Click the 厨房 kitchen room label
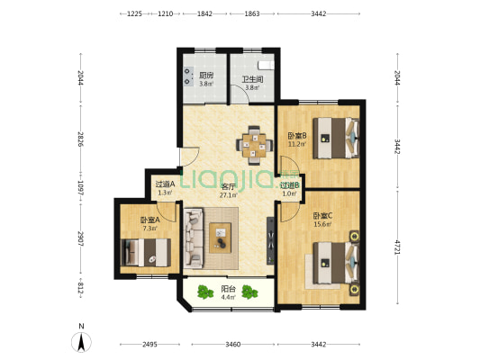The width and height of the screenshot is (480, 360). tap(206, 76)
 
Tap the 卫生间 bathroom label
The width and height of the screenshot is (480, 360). tap(252, 80)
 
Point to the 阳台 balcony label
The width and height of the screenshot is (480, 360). tap(229, 289)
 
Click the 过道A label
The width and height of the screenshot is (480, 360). tap(165, 184)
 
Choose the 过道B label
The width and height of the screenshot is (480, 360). tap(290, 185)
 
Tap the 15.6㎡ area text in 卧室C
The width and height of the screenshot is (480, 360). tap(322, 224)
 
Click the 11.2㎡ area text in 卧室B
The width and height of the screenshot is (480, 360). tap(297, 144)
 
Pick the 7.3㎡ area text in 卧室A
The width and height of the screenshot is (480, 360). tap(150, 229)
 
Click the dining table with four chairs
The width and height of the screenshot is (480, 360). tap(254, 146)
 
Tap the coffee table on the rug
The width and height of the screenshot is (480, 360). tap(220, 238)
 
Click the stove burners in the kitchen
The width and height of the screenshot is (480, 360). tap(187, 76)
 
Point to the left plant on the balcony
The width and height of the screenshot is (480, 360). tap(205, 292)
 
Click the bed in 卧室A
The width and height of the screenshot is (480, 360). tap(146, 253)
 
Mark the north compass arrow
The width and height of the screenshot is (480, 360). tap(81, 342)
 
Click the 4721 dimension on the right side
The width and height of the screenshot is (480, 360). tap(397, 247)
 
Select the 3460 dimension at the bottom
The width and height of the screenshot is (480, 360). tap(233, 345)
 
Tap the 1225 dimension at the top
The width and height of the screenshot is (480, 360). tap(135, 13)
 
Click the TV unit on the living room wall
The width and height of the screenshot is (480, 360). tap(270, 240)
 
